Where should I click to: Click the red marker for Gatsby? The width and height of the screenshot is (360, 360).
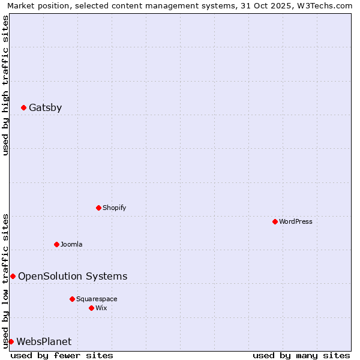23,108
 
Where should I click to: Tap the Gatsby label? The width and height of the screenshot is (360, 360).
45,108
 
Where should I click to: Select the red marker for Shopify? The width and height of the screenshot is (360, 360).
98,208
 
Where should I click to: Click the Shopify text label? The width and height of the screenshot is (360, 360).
114,208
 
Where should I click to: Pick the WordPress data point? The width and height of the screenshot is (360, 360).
275,221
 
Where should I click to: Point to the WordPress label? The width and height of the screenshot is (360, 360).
295,221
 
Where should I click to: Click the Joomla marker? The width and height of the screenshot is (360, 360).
56,244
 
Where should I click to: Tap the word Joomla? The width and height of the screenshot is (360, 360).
71,244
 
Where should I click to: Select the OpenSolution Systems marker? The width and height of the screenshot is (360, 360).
13,276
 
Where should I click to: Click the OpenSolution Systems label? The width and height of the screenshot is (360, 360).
73,276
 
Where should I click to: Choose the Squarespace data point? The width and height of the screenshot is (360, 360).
72,299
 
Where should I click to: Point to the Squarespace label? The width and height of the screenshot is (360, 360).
97,299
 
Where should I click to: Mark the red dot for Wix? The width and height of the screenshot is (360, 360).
91,308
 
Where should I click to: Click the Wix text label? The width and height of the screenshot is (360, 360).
101,308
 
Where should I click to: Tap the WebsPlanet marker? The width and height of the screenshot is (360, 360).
11,341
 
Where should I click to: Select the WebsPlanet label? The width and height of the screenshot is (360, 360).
44,341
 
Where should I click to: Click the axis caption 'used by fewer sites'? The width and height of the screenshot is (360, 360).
62,355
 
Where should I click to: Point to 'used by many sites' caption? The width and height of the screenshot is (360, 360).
301,355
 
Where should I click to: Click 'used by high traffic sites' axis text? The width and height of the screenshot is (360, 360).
5,85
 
